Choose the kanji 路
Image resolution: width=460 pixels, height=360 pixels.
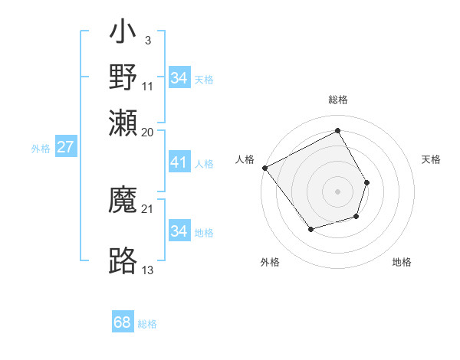[123, 260]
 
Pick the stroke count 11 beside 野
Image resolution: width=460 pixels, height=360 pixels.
[148, 86]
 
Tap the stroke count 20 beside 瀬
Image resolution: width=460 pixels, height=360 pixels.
[148, 132]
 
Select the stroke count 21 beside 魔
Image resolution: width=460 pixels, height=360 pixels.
[148, 209]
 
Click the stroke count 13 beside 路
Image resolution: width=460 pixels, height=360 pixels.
[148, 270]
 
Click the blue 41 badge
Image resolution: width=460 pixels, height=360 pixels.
[179, 162]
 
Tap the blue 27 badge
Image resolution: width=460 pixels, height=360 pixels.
[65, 147]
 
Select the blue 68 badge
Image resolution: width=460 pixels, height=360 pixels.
[123, 322]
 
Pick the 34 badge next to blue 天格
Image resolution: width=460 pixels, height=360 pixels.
[179, 77]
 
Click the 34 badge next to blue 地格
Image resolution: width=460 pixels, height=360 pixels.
[179, 231]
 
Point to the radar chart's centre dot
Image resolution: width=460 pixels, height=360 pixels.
[337, 191]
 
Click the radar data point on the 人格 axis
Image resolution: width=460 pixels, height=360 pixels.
[264, 168]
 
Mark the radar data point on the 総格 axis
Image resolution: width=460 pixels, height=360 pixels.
[337, 130]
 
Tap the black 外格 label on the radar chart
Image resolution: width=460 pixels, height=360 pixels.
[270, 262]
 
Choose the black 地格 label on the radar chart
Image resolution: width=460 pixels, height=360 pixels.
[402, 262]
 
